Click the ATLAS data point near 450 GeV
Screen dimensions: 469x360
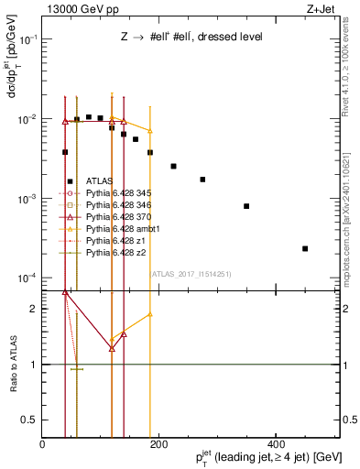coord(305,248)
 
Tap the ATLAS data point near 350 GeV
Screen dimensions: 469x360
coord(246,206)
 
